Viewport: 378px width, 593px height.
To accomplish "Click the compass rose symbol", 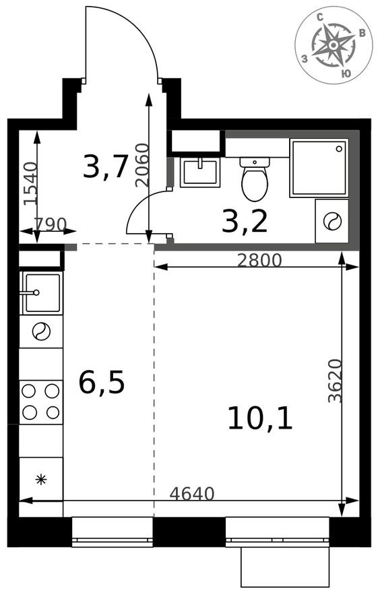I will point(334,45).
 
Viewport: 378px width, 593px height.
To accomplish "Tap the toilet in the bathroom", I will point(255,179).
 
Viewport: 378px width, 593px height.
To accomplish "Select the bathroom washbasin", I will point(200,172).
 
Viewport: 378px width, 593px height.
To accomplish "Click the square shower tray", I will point(319,168).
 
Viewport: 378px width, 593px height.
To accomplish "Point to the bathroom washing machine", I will point(332,221).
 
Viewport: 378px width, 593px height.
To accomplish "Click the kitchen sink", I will point(42,292).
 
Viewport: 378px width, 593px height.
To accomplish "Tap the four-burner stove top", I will point(40,402).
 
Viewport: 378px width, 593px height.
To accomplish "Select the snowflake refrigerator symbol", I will point(40,480).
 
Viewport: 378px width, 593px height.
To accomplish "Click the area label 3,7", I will point(105,166).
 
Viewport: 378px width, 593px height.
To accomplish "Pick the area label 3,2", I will point(245,221).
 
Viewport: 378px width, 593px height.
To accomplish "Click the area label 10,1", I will point(260,418).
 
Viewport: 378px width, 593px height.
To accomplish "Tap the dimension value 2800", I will point(259,260).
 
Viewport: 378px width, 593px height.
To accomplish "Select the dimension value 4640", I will point(191,494).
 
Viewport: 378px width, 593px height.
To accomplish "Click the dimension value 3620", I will point(335,381).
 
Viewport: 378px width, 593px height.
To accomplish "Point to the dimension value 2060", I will point(141,164).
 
